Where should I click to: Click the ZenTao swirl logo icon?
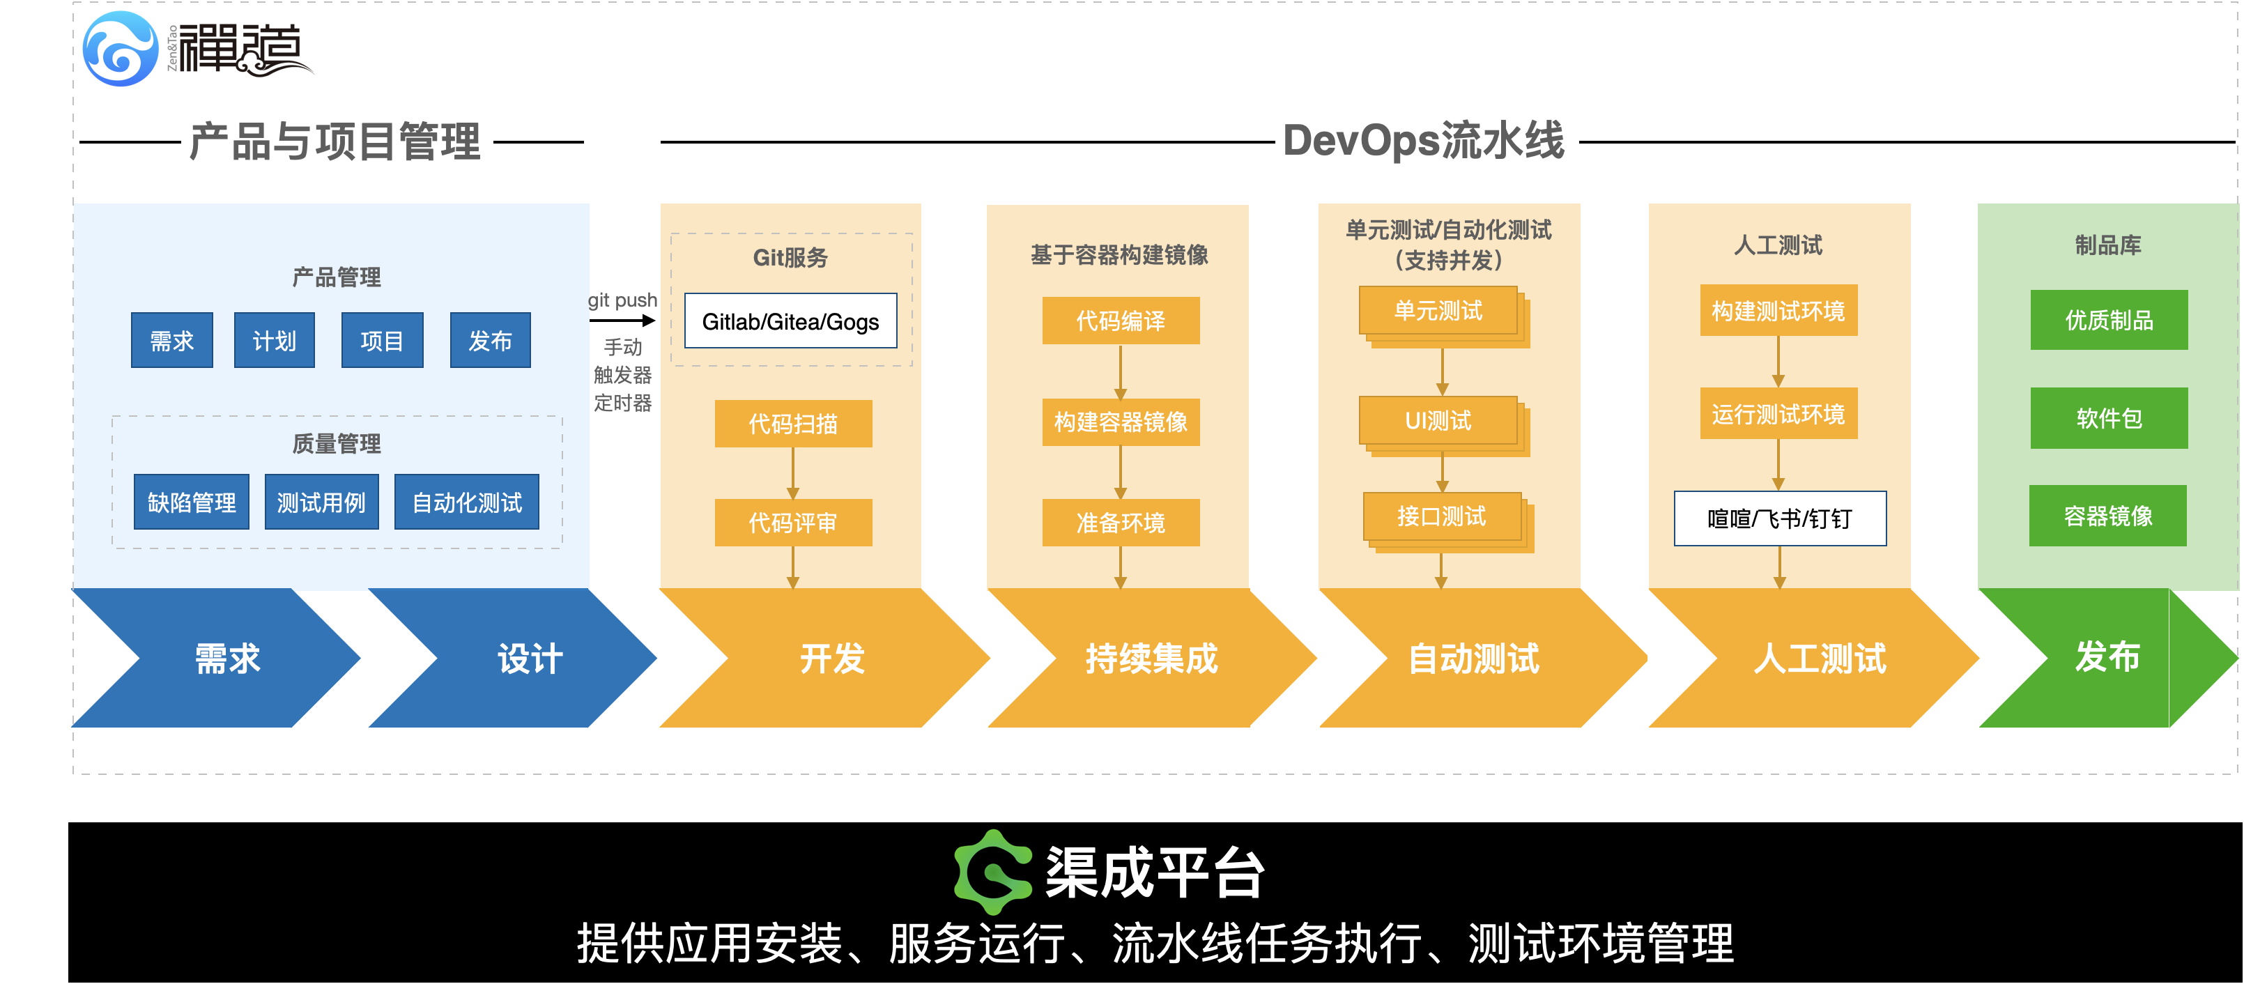coord(120,49)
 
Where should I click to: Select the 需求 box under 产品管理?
coord(171,341)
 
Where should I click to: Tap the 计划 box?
coord(275,341)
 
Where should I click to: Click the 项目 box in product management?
coord(382,341)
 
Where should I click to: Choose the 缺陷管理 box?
coord(192,502)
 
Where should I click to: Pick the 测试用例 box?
coord(321,502)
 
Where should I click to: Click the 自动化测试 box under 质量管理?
coord(467,502)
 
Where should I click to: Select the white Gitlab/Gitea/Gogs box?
coord(790,321)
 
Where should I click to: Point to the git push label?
coord(623,300)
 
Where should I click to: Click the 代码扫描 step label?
coord(793,424)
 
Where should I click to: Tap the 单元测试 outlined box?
coord(1438,311)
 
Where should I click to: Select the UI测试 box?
coord(1438,422)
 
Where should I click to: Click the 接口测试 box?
coord(1442,516)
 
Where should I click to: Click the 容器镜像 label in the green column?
coord(2108,516)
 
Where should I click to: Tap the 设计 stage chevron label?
coord(530,659)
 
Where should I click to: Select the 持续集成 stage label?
coord(1151,659)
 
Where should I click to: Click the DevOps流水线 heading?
coord(1423,141)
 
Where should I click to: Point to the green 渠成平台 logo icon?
coord(993,871)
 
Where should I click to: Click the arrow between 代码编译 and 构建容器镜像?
coord(1121,373)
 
